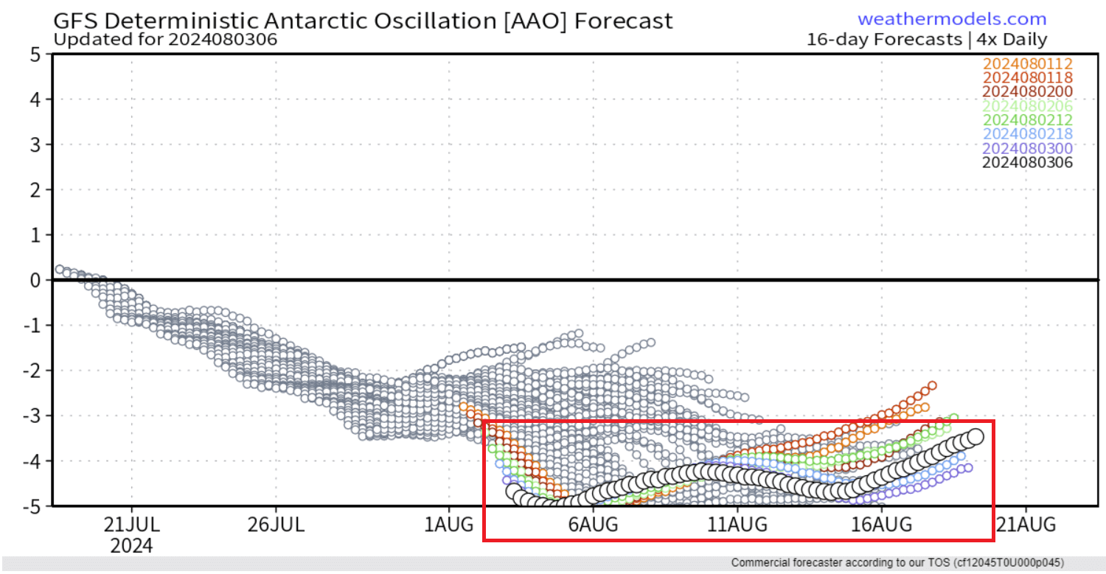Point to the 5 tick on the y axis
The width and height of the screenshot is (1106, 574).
click(35, 54)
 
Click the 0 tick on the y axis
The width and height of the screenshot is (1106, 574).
click(35, 280)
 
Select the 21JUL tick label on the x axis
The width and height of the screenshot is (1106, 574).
click(132, 525)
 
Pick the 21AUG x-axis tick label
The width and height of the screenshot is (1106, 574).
click(1026, 525)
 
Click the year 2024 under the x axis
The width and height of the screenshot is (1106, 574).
click(132, 546)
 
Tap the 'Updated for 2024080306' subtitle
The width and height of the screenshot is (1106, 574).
click(166, 39)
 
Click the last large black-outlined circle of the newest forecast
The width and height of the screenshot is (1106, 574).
click(975, 436)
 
